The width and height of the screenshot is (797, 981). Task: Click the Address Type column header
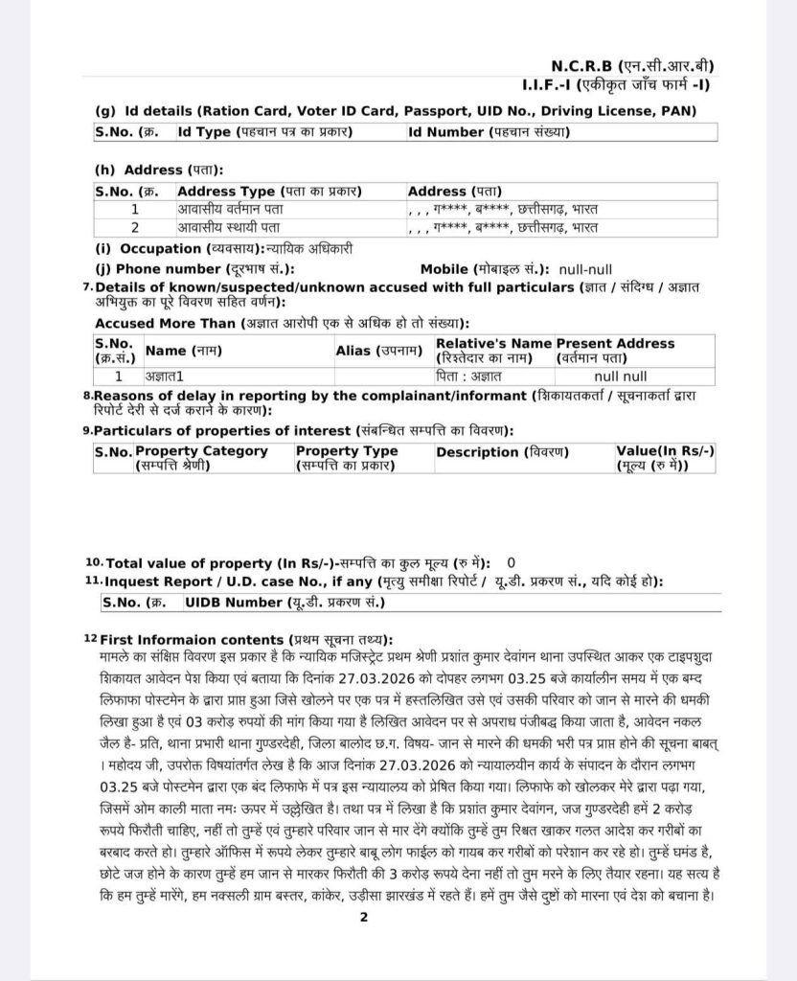tap(269, 191)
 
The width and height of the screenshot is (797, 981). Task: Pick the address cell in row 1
tap(502, 208)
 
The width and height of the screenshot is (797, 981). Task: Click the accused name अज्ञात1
tap(164, 376)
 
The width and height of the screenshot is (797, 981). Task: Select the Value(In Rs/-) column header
tap(665, 458)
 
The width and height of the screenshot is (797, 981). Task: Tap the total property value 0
tap(511, 562)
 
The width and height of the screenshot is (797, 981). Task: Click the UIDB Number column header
tap(272, 603)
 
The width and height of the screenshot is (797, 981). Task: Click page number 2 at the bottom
tap(364, 917)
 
